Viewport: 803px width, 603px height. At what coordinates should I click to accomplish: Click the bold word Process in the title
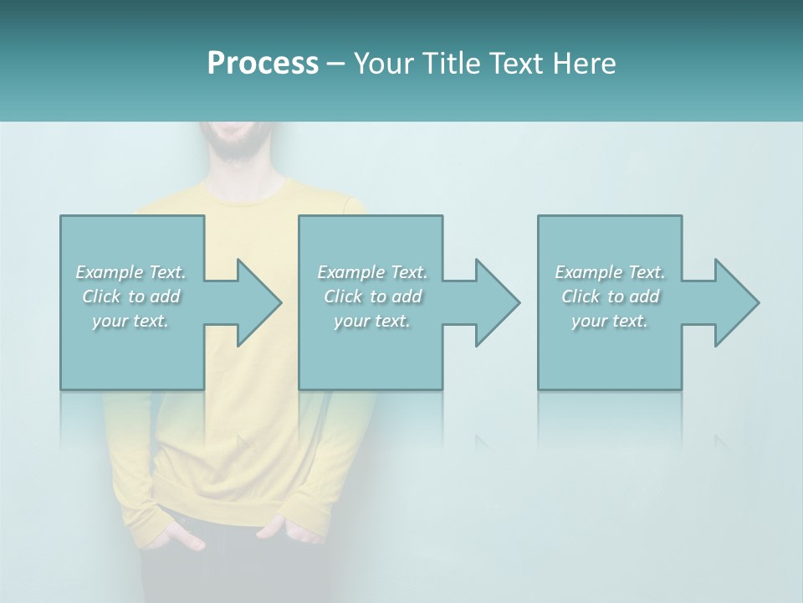coord(263,64)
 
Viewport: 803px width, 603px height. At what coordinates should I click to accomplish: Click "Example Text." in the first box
coord(131,272)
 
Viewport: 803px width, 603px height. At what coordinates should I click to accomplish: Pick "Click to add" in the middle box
coord(371,296)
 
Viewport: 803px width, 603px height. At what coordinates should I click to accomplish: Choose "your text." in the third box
coord(610,321)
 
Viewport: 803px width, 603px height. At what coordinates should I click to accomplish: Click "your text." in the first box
coord(131,321)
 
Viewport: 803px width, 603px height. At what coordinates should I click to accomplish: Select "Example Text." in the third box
coord(610,272)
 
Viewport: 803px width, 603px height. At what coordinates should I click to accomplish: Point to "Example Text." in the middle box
coord(371,272)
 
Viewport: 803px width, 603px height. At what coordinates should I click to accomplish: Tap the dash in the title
coord(336,64)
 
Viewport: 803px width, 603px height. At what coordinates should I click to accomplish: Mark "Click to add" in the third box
coord(610,296)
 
